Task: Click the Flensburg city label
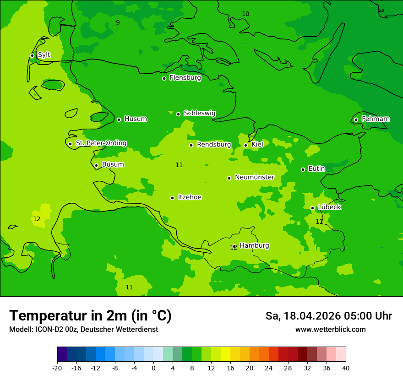point(185,78)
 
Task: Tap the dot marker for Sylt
point(32,55)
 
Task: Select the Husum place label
point(136,119)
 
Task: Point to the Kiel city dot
point(245,145)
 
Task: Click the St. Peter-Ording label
point(101,143)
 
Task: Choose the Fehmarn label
point(376,119)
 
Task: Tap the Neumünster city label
point(254,177)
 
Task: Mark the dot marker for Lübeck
point(312,208)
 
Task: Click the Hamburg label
point(254,245)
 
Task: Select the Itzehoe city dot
point(172,198)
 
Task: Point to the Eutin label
point(316,169)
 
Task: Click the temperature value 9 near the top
point(118,22)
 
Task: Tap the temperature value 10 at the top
point(245,14)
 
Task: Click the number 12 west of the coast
point(37,219)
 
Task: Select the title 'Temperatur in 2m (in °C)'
point(90,316)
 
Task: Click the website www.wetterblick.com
point(330,330)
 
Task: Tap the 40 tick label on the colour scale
point(346,368)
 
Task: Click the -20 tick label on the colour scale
point(57,368)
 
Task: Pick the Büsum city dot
point(96,165)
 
